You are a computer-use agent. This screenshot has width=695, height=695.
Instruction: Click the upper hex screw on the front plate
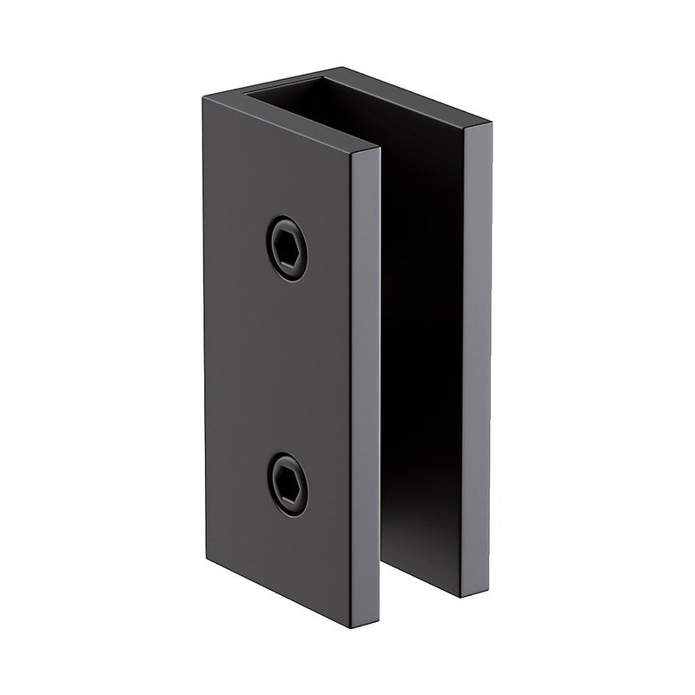tap(287, 248)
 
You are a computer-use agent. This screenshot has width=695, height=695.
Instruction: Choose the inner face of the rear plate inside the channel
tap(426, 347)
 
